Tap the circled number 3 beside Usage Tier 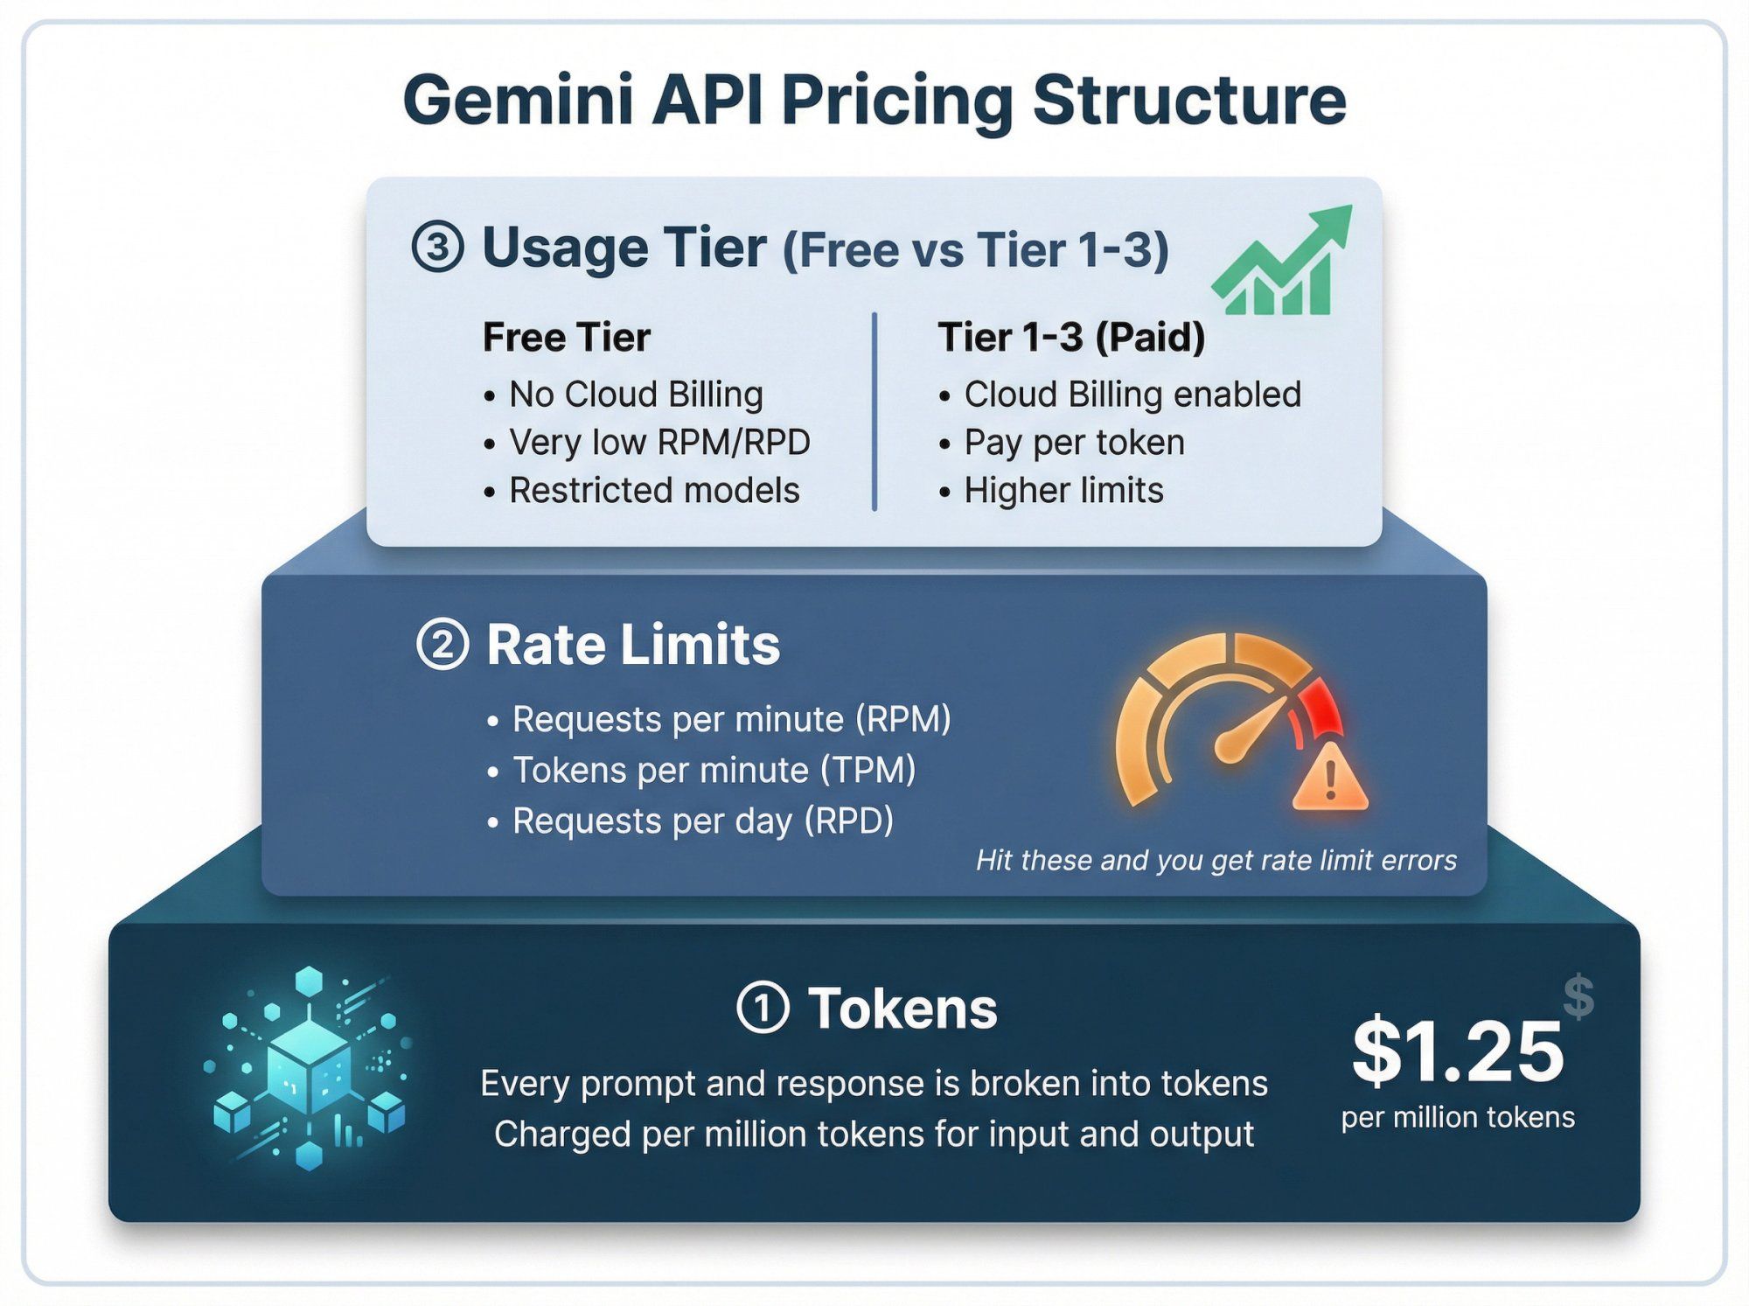pyautogui.click(x=437, y=248)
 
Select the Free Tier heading pyautogui.click(x=567, y=338)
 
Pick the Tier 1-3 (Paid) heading pyautogui.click(x=1071, y=338)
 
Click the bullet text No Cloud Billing pyautogui.click(x=636, y=395)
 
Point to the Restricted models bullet pyautogui.click(x=654, y=491)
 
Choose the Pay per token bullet pyautogui.click(x=1074, y=443)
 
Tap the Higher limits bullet pyautogui.click(x=1063, y=491)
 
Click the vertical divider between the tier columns pyautogui.click(x=874, y=411)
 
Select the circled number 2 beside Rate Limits pyautogui.click(x=442, y=646)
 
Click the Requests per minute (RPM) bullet pyautogui.click(x=731, y=720)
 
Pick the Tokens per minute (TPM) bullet pyautogui.click(x=714, y=771)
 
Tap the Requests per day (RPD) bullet pyautogui.click(x=702, y=821)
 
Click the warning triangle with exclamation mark pyautogui.click(x=1330, y=778)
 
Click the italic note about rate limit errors pyautogui.click(x=1216, y=861)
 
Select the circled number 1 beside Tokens pyautogui.click(x=763, y=1008)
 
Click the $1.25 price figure pyautogui.click(x=1458, y=1052)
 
